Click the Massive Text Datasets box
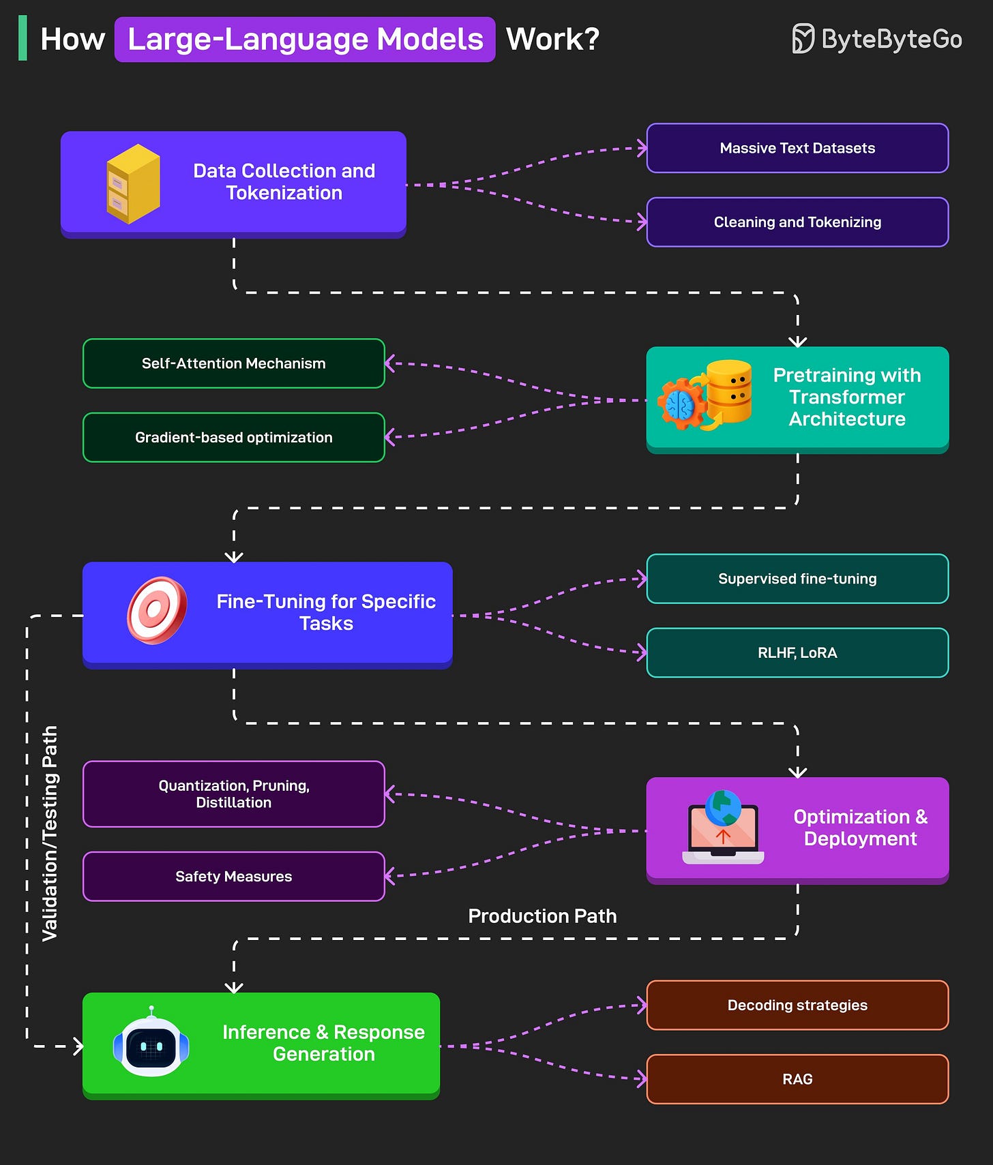(x=797, y=148)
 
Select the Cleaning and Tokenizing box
(x=797, y=222)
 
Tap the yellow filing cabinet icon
(x=133, y=184)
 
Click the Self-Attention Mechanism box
(x=233, y=363)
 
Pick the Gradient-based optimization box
(x=233, y=438)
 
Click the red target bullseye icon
(x=157, y=610)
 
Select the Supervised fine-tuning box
(x=797, y=579)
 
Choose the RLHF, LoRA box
(x=797, y=653)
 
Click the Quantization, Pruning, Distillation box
(x=233, y=794)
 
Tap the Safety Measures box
(x=233, y=877)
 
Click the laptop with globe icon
(x=723, y=828)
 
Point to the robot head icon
(x=151, y=1043)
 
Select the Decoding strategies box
(x=797, y=1005)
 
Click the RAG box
(x=797, y=1079)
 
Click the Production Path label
(x=542, y=916)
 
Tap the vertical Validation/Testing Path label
(x=50, y=833)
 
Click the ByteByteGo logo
(x=877, y=39)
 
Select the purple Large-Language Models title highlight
(x=305, y=40)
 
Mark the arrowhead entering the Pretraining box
(x=797, y=342)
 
